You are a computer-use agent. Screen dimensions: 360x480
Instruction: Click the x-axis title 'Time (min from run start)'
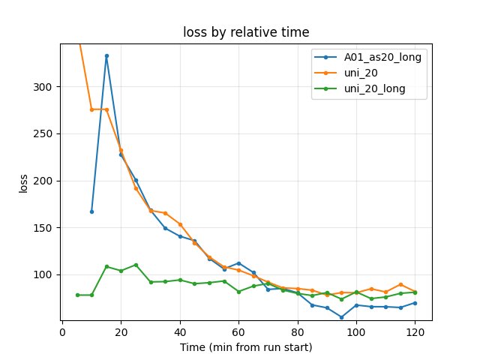pyautogui.click(x=246, y=347)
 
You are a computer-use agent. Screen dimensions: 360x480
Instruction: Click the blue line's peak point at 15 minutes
pyautogui.click(x=106, y=55)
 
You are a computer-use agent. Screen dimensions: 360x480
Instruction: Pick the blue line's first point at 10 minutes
pyautogui.click(x=91, y=211)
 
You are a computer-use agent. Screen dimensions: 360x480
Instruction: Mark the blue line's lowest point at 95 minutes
pyautogui.click(x=341, y=317)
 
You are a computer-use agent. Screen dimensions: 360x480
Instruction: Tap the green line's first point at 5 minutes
pyautogui.click(x=77, y=295)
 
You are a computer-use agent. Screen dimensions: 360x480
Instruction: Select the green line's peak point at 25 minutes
pyautogui.click(x=136, y=265)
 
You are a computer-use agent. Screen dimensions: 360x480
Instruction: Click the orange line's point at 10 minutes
pyautogui.click(x=91, y=109)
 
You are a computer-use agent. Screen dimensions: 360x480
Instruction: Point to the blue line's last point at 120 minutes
pyautogui.click(x=415, y=303)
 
